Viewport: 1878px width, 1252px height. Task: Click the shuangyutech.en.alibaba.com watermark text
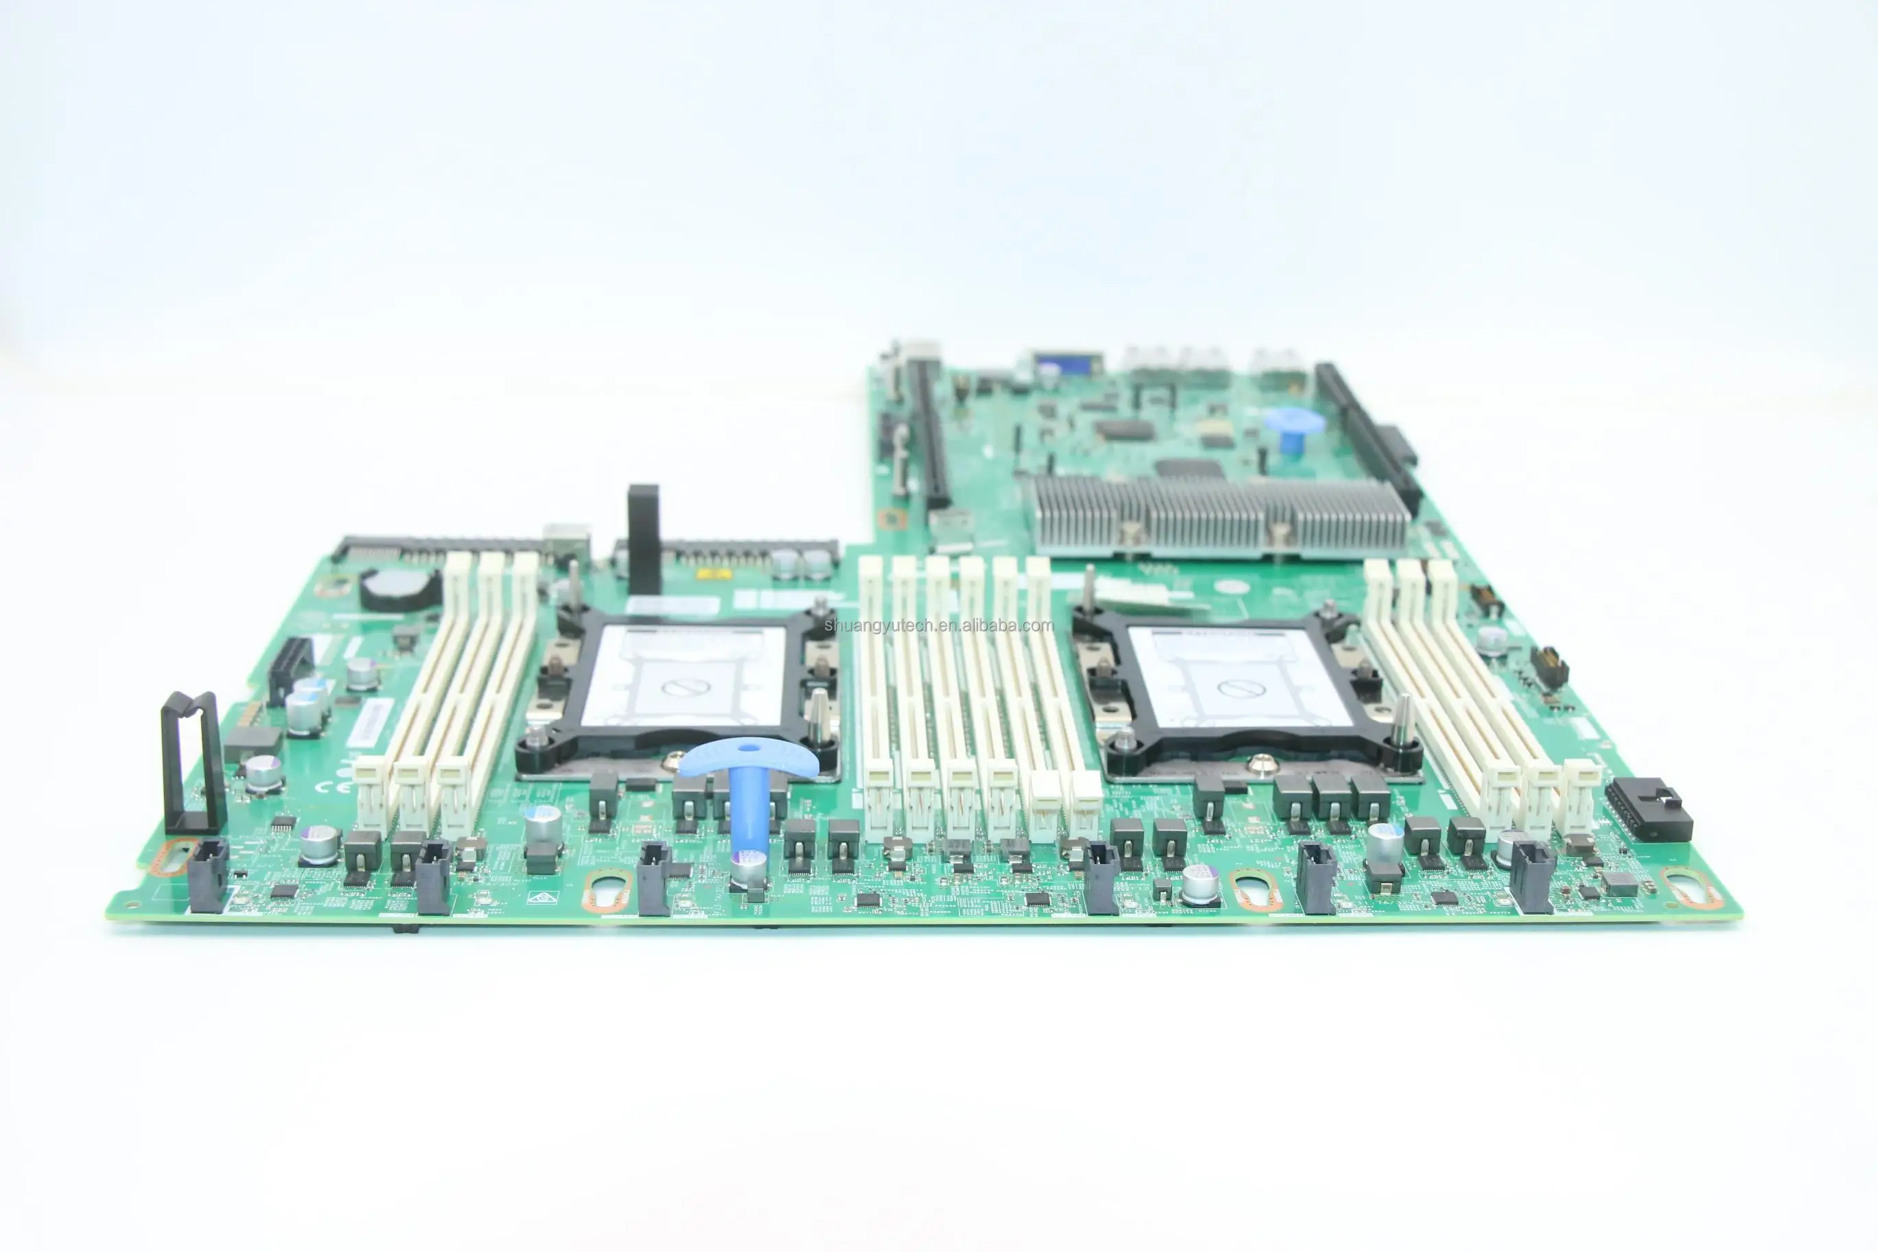939,625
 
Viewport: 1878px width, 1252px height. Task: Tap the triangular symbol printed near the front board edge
542,898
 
